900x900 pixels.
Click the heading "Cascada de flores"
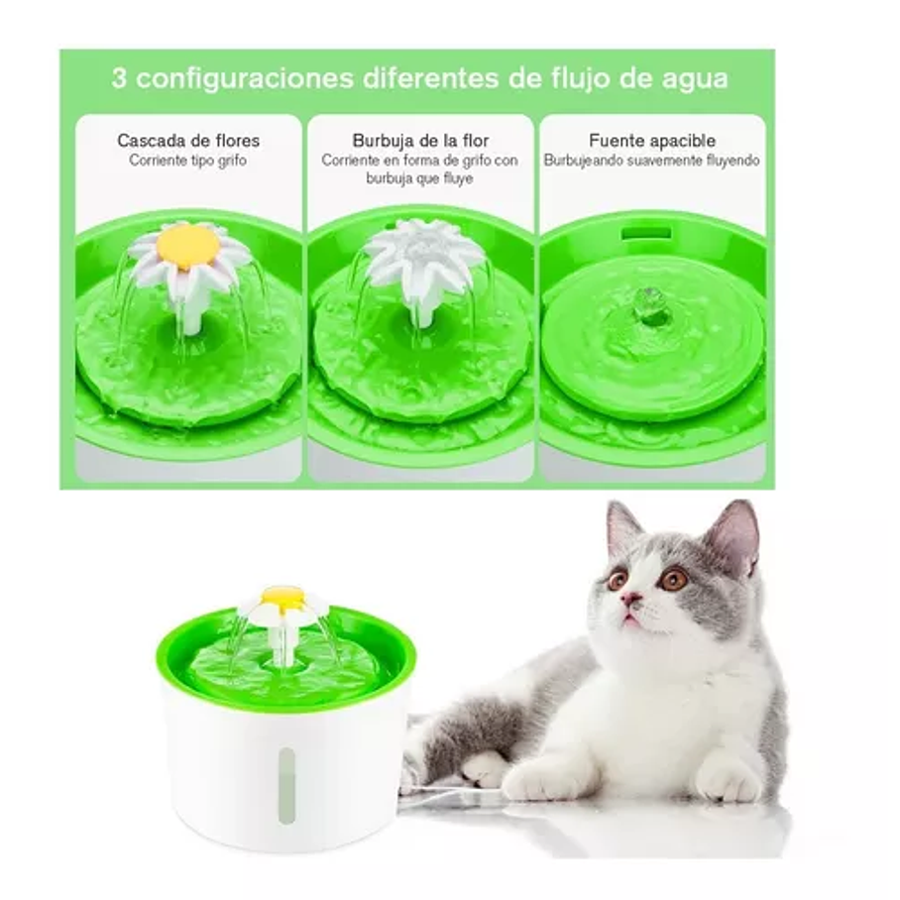click(187, 141)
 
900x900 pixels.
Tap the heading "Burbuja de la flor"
click(420, 141)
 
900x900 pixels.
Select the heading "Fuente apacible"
click(651, 141)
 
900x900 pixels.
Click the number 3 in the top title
click(119, 79)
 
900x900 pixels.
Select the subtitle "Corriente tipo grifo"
click(187, 161)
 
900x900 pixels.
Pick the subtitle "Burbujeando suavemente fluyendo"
click(651, 160)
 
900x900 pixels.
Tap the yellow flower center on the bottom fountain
click(282, 596)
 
